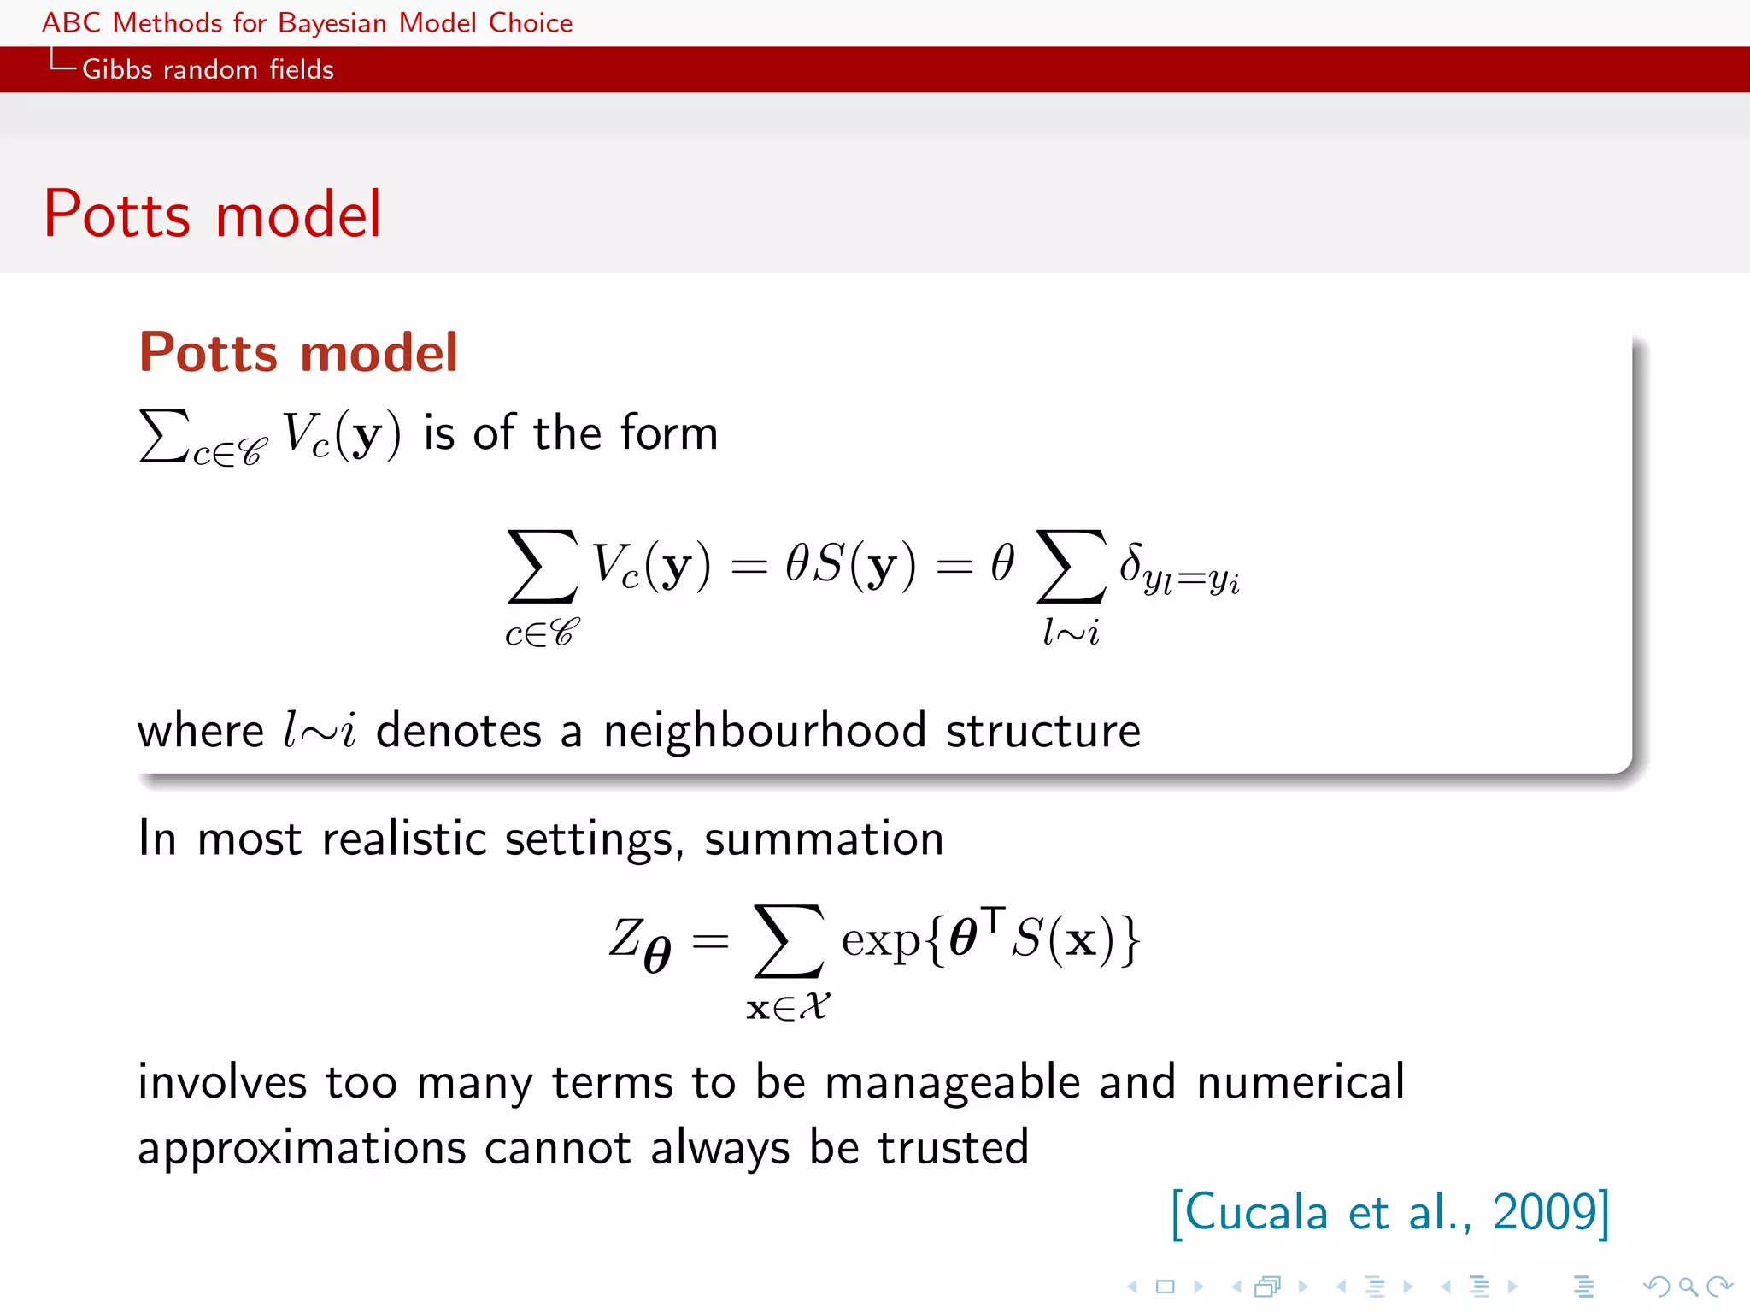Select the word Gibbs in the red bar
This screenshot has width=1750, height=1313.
pyautogui.click(x=117, y=69)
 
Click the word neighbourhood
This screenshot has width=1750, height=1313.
pyautogui.click(x=765, y=732)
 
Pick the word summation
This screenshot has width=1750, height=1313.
pyautogui.click(x=824, y=839)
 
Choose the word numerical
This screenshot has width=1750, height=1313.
pyautogui.click(x=1301, y=1082)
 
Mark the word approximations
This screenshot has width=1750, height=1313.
pyautogui.click(x=302, y=1148)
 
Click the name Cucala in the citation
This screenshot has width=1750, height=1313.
pyautogui.click(x=1256, y=1212)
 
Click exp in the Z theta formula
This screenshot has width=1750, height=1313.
pyautogui.click(x=880, y=940)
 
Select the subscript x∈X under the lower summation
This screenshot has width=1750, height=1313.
pyautogui.click(x=788, y=1007)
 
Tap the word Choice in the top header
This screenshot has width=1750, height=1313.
pyautogui.click(x=530, y=23)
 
